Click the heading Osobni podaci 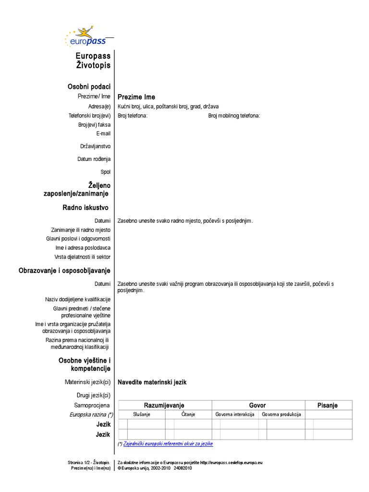pos(89,86)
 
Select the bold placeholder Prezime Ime pos(136,97)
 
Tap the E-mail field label pos(103,134)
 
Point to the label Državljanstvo pos(95,146)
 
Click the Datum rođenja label pos(94,159)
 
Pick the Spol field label pos(105,172)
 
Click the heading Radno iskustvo pos(85,208)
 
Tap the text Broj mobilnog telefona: pos(234,116)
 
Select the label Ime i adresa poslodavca pos(83,248)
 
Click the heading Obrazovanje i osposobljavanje pos(64,271)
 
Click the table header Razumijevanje pos(164,406)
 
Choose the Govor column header pos(257,406)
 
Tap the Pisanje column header pos(327,406)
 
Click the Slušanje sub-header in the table pos(142,415)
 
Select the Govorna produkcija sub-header pos(281,415)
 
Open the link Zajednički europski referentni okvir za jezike pos(168,444)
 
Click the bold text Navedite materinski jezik pos(152,382)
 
